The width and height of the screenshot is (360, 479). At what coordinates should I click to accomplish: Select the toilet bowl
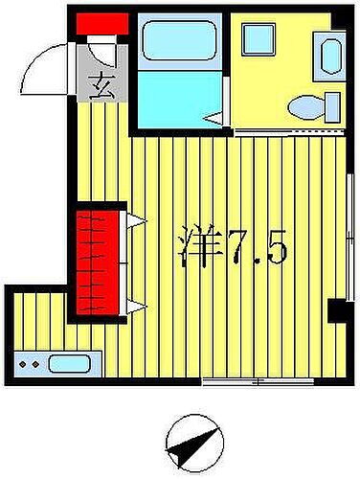coord(311,104)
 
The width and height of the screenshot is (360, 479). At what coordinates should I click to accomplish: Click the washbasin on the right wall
coord(331,57)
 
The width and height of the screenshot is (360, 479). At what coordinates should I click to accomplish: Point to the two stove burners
coord(32,364)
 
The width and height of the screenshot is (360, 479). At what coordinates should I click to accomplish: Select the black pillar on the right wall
coord(337,310)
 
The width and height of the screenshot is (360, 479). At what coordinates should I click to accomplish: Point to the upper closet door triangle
coord(135,223)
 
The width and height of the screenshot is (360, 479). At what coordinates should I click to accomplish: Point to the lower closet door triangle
coord(135,306)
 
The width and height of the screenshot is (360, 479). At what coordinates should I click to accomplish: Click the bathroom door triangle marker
coord(214,118)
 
